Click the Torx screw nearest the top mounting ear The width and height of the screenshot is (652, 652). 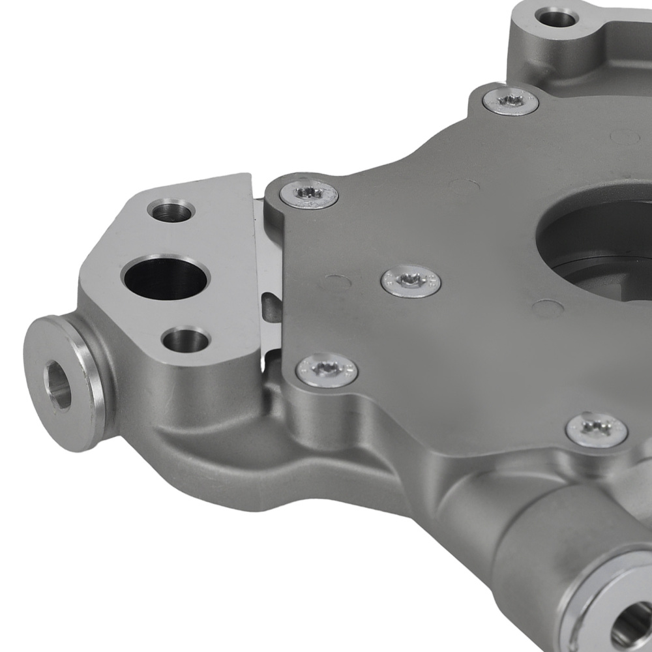511,101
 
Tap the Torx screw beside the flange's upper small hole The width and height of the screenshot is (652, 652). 309,193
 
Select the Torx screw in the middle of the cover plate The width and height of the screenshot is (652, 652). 411,282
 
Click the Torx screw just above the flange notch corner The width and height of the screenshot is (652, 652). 327,370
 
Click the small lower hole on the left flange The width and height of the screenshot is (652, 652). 185,340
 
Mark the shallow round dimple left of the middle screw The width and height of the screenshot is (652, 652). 337,282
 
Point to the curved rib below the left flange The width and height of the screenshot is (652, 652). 215,450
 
